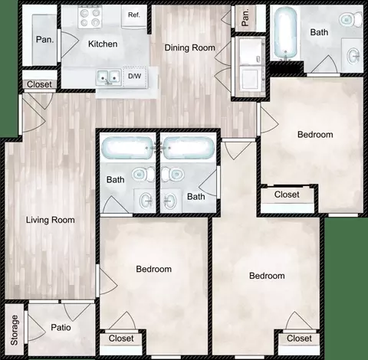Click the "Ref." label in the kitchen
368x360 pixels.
[x=134, y=15]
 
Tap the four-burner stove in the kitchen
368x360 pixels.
[x=90, y=17]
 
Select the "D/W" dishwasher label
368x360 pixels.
[x=134, y=76]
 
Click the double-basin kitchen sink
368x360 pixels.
[x=109, y=77]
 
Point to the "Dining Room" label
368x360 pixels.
[x=189, y=47]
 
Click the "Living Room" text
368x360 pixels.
[x=51, y=220]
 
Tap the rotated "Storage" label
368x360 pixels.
[x=15, y=330]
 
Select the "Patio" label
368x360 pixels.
[x=61, y=327]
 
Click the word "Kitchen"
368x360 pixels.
[x=103, y=44]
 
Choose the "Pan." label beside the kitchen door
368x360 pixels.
[x=45, y=40]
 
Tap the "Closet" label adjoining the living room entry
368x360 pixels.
[x=39, y=84]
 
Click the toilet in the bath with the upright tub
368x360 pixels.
[x=350, y=19]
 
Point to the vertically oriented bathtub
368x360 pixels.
[x=285, y=33]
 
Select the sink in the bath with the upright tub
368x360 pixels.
[x=353, y=54]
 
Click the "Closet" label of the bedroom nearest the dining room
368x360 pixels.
[x=287, y=195]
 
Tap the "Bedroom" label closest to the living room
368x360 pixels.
[x=153, y=269]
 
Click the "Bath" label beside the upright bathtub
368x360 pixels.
[x=319, y=32]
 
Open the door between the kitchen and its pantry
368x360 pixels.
[x=68, y=45]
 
